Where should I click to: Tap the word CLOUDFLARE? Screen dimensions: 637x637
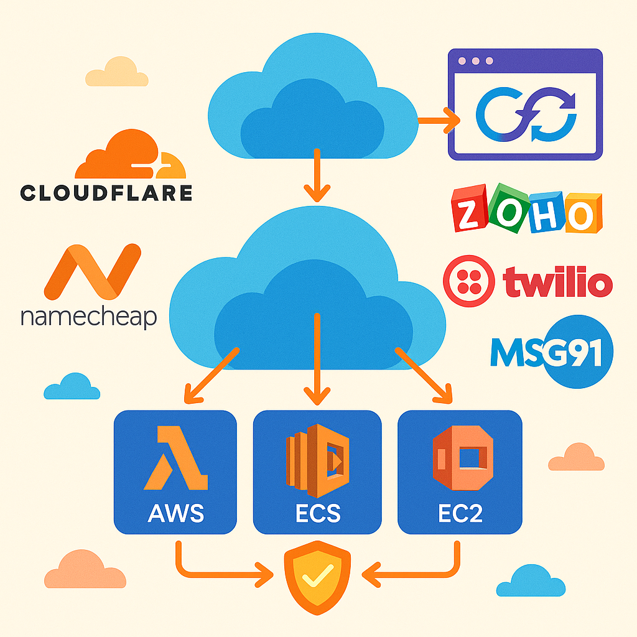pyautogui.click(x=106, y=193)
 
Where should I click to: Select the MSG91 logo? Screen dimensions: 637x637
pyautogui.click(x=551, y=352)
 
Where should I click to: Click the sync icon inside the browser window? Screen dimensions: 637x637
pyautogui.click(x=526, y=114)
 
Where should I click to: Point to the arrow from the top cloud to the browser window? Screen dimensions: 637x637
pyautogui.click(x=439, y=119)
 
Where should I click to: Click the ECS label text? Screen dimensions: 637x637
pyautogui.click(x=317, y=514)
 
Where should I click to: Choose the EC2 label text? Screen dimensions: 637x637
pyautogui.click(x=460, y=514)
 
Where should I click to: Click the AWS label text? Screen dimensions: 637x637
pyautogui.click(x=175, y=514)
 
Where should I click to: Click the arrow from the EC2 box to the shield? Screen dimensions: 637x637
pyautogui.click(x=423, y=569)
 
